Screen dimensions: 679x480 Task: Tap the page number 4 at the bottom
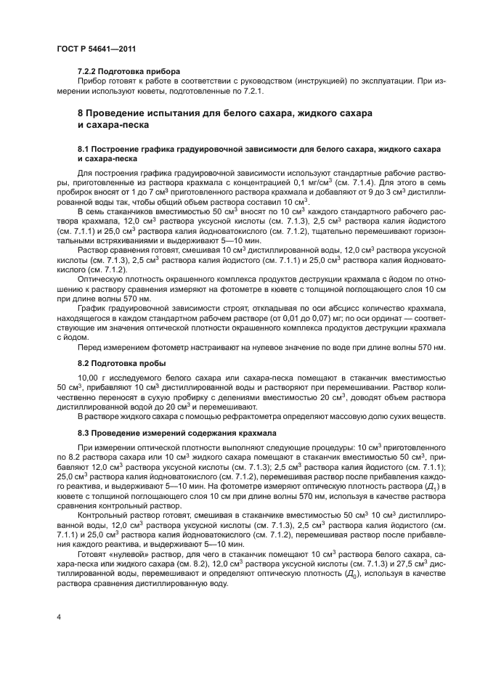57,617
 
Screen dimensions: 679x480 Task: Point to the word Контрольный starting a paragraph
104,513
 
